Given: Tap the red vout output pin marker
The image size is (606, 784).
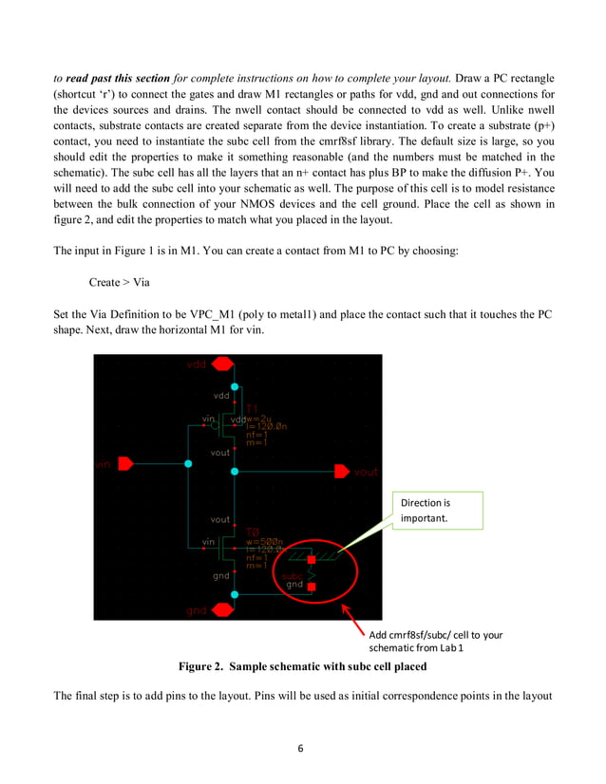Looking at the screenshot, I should tap(342, 471).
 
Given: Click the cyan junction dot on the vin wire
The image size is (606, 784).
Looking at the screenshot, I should tap(188, 464).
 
